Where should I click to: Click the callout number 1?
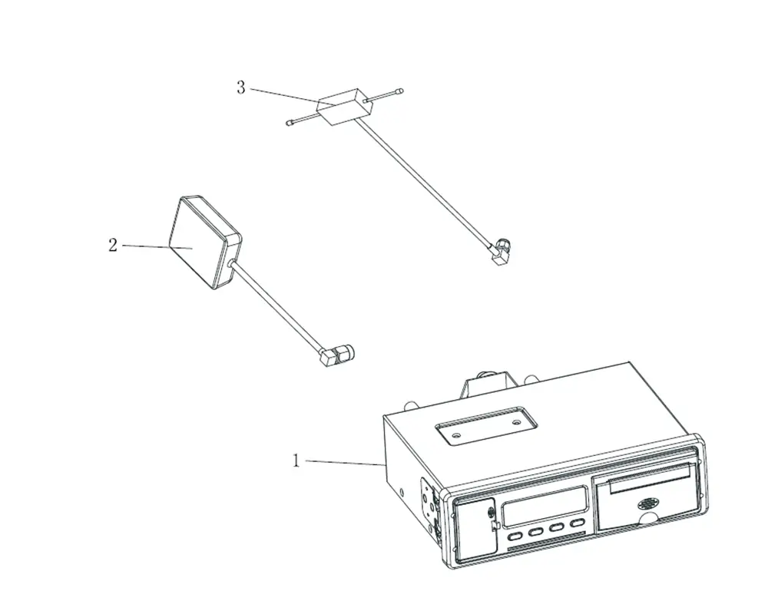point(296,460)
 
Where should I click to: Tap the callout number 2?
point(113,246)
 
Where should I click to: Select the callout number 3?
point(241,88)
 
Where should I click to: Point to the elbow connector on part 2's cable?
point(338,355)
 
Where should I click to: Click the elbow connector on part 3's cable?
point(500,250)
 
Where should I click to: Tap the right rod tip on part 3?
point(400,91)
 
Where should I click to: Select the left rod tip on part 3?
point(289,122)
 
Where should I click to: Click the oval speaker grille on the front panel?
point(650,503)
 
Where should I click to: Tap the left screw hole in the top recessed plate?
point(456,434)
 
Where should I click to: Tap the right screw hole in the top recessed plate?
point(516,421)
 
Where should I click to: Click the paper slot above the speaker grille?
point(650,480)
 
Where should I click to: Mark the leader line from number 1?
point(345,462)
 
